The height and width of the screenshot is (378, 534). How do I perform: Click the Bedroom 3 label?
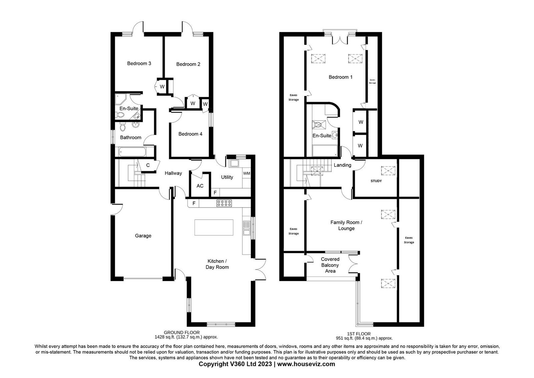[139, 63]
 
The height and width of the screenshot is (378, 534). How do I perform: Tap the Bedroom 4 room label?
[190, 134]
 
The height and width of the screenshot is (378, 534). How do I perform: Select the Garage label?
[143, 236]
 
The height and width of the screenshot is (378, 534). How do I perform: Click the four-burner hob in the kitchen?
[224, 203]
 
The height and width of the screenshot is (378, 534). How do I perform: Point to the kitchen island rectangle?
[214, 227]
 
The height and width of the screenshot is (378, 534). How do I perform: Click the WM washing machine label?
[247, 173]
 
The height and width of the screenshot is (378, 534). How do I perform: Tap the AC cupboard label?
[200, 186]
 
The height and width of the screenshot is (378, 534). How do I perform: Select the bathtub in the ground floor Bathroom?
[132, 152]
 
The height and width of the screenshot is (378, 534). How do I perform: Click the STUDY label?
[376, 181]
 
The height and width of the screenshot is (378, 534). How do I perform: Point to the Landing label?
[342, 165]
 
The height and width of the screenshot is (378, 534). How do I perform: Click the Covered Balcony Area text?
[330, 265]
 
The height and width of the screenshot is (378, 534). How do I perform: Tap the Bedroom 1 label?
[340, 77]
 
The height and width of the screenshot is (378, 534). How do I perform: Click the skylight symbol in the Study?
[388, 171]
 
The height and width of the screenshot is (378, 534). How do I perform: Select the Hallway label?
[173, 173]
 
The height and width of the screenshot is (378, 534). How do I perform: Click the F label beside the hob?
[194, 203]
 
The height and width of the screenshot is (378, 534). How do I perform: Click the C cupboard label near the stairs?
[148, 165]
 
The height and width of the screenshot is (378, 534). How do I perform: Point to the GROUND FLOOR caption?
[182, 333]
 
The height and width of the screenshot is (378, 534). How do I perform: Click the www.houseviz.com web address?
[306, 364]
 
